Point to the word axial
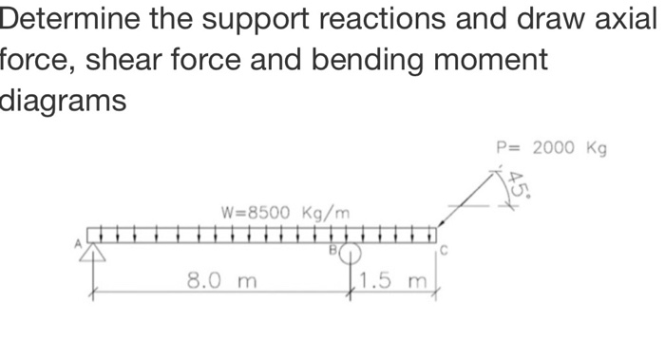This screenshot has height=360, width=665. (x=626, y=19)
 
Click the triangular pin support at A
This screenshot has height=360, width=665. (x=93, y=253)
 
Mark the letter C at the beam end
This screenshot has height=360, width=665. (x=443, y=250)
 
